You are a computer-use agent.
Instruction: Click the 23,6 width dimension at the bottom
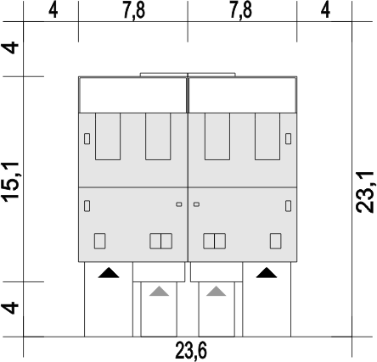pyautogui.click(x=191, y=351)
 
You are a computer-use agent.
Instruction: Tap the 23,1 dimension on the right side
pyautogui.click(x=365, y=192)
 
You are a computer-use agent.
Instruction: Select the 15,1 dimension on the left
pyautogui.click(x=11, y=182)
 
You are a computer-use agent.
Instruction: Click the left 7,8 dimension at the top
pyautogui.click(x=134, y=11)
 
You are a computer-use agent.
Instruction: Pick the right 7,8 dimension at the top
pyautogui.click(x=240, y=11)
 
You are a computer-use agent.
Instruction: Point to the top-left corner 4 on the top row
pyautogui.click(x=53, y=11)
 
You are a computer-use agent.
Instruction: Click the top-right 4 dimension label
pyautogui.click(x=325, y=11)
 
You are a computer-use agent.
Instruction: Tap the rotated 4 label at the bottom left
pyautogui.click(x=11, y=308)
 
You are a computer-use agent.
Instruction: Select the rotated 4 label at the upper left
pyautogui.click(x=11, y=47)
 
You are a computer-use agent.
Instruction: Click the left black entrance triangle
pyautogui.click(x=109, y=273)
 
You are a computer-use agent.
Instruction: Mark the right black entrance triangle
pyautogui.click(x=267, y=273)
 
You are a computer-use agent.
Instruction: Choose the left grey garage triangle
pyautogui.click(x=159, y=291)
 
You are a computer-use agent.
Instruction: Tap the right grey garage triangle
pyautogui.click(x=216, y=291)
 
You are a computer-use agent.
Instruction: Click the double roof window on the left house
pyautogui.click(x=160, y=241)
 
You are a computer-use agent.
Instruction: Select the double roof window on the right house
pyautogui.click(x=214, y=241)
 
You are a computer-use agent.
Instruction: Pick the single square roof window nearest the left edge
pyautogui.click(x=99, y=241)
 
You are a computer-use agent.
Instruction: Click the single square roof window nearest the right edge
pyautogui.click(x=275, y=241)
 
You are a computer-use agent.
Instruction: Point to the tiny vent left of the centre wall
pyautogui.click(x=179, y=204)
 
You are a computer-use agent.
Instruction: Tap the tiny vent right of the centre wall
pyautogui.click(x=196, y=204)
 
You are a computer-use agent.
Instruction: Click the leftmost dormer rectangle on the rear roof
pyautogui.click(x=108, y=136)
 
